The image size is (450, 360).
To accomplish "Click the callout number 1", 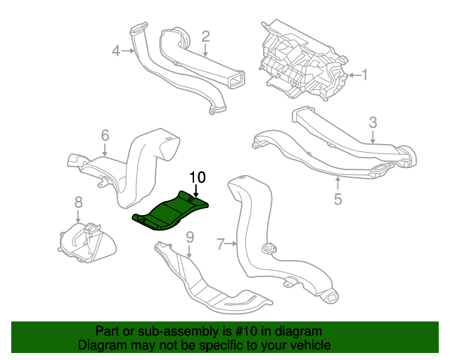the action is tap(364, 75).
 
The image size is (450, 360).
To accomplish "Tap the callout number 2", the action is tap(205, 37).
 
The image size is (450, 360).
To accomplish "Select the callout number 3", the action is tap(373, 122).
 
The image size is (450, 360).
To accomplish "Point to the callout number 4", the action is tap(116, 51).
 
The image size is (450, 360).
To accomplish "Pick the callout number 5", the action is tap(338, 199).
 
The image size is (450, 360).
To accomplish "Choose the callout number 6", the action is tap(105, 135).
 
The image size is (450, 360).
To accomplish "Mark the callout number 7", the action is tap(220, 244).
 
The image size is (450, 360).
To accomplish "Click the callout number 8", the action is tap(78, 202).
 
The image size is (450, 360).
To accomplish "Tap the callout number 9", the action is tap(190, 237).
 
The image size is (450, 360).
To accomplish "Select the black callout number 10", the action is tap(198, 177).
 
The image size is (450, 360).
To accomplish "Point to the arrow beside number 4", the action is tap(128, 51).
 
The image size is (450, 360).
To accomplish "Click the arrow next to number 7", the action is tap(231, 244).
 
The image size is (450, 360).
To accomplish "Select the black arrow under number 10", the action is tap(195, 191).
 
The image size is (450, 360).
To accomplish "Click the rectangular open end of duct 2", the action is tap(236, 79).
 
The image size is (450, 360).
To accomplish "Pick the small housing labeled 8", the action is tap(87, 243).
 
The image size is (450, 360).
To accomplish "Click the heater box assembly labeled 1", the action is tap(304, 60).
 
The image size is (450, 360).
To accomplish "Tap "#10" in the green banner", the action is tap(246, 332).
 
